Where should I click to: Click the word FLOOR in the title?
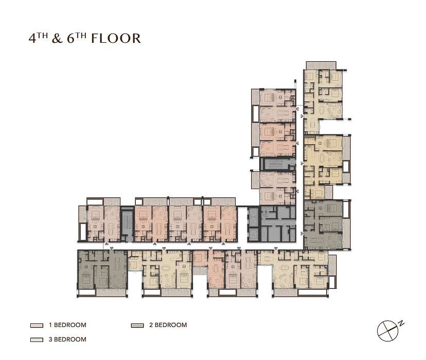[x=116, y=38]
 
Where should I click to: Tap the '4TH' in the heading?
[x=38, y=38]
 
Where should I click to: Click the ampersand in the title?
[x=57, y=38]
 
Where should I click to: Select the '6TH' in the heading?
[x=77, y=38]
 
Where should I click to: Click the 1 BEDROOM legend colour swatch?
[x=37, y=325]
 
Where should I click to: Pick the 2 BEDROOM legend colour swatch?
[x=137, y=325]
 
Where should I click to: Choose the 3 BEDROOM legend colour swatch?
[x=37, y=339]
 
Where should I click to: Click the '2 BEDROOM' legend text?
[x=168, y=325]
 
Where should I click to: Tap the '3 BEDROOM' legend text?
[x=67, y=339]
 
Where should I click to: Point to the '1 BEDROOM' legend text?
[x=67, y=325]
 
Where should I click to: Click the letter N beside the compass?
[x=401, y=323]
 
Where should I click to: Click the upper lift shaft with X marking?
[x=253, y=217]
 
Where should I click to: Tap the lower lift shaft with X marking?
[x=253, y=235]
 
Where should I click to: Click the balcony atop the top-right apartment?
[x=321, y=65]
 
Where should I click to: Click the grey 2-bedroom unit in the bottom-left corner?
[x=102, y=269]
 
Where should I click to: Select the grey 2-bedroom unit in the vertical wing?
[x=323, y=225]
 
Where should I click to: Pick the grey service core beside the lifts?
[x=278, y=224]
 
